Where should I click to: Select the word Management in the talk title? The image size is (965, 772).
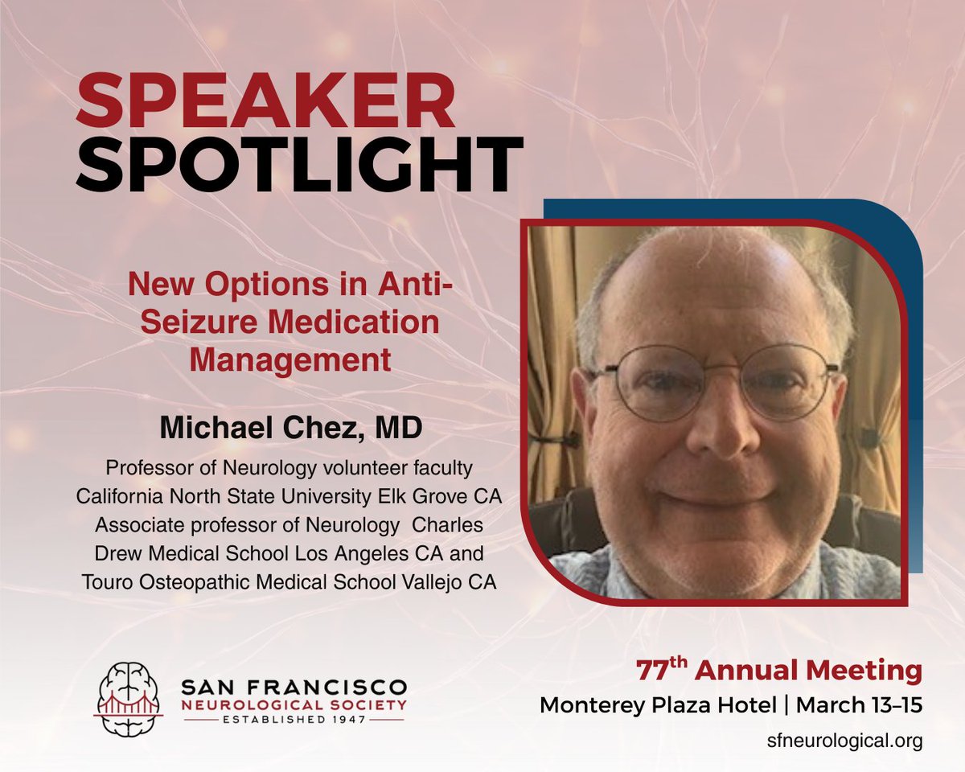pyautogui.click(x=289, y=359)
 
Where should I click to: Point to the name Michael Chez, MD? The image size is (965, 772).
pyautogui.click(x=289, y=428)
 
